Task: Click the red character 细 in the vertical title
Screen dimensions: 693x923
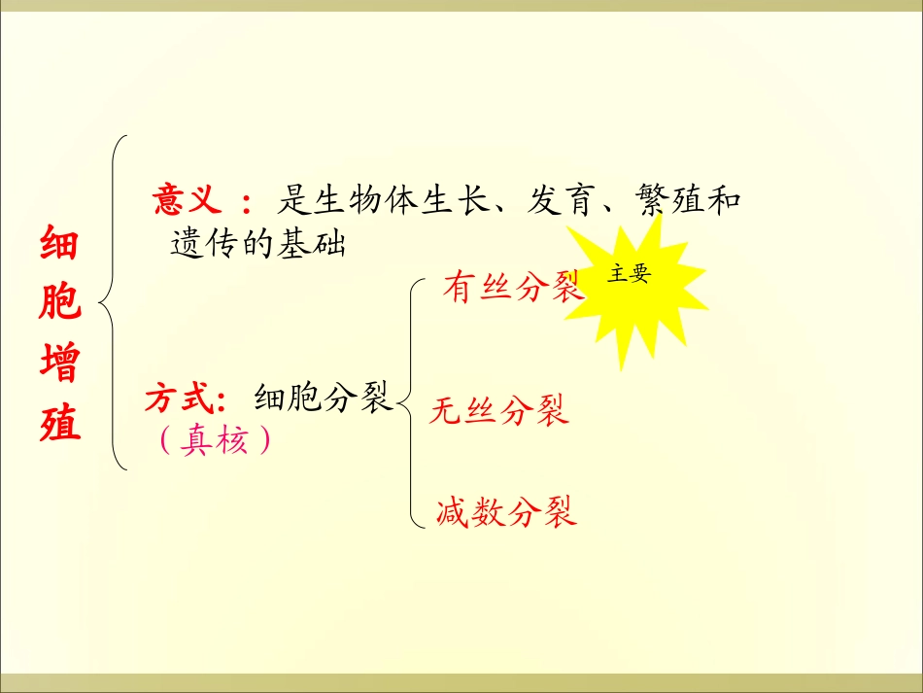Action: (60, 245)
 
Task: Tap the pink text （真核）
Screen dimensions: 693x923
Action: (213, 441)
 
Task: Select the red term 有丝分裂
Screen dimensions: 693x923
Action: (511, 287)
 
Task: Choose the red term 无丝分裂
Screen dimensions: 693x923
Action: (499, 411)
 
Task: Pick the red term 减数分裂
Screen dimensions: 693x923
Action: (506, 510)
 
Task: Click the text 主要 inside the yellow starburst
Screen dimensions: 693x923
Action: (629, 274)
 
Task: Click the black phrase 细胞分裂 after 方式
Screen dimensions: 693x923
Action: (322, 398)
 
